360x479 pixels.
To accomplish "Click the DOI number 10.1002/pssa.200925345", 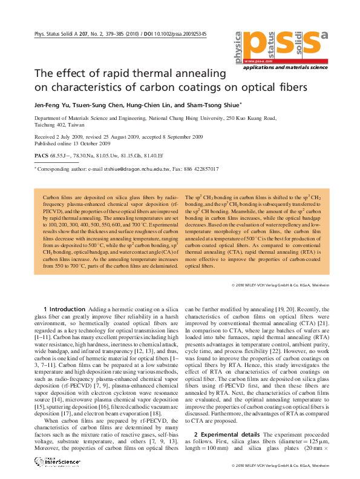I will click(177, 35).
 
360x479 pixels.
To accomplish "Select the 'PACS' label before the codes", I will click(41, 156).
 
